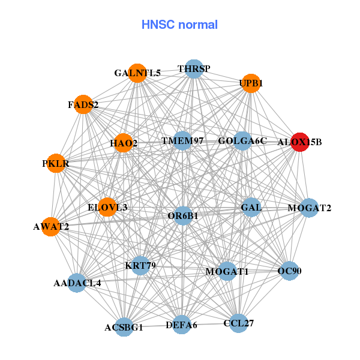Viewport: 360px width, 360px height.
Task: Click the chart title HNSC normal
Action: point(179,25)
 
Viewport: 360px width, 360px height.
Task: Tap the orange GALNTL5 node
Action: point(137,73)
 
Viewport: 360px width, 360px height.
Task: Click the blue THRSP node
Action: point(193,69)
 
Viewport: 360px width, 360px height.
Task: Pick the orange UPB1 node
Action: point(251,83)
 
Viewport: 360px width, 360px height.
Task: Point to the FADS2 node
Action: point(83,104)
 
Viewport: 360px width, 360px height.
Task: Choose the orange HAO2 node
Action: point(124,143)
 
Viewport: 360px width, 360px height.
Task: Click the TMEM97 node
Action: point(184,141)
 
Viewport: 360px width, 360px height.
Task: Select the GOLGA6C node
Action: point(242,141)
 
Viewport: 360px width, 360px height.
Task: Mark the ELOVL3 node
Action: point(108,207)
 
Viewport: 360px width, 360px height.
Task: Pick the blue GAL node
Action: point(251,208)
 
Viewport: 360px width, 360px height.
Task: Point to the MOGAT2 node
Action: point(309,208)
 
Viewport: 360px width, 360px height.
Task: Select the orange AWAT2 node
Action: point(51,227)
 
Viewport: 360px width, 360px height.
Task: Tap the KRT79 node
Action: point(140,265)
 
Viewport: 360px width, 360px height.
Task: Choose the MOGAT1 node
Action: point(227,272)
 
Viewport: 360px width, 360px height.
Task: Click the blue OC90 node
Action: point(289,271)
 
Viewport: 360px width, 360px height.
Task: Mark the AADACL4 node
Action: point(77,282)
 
